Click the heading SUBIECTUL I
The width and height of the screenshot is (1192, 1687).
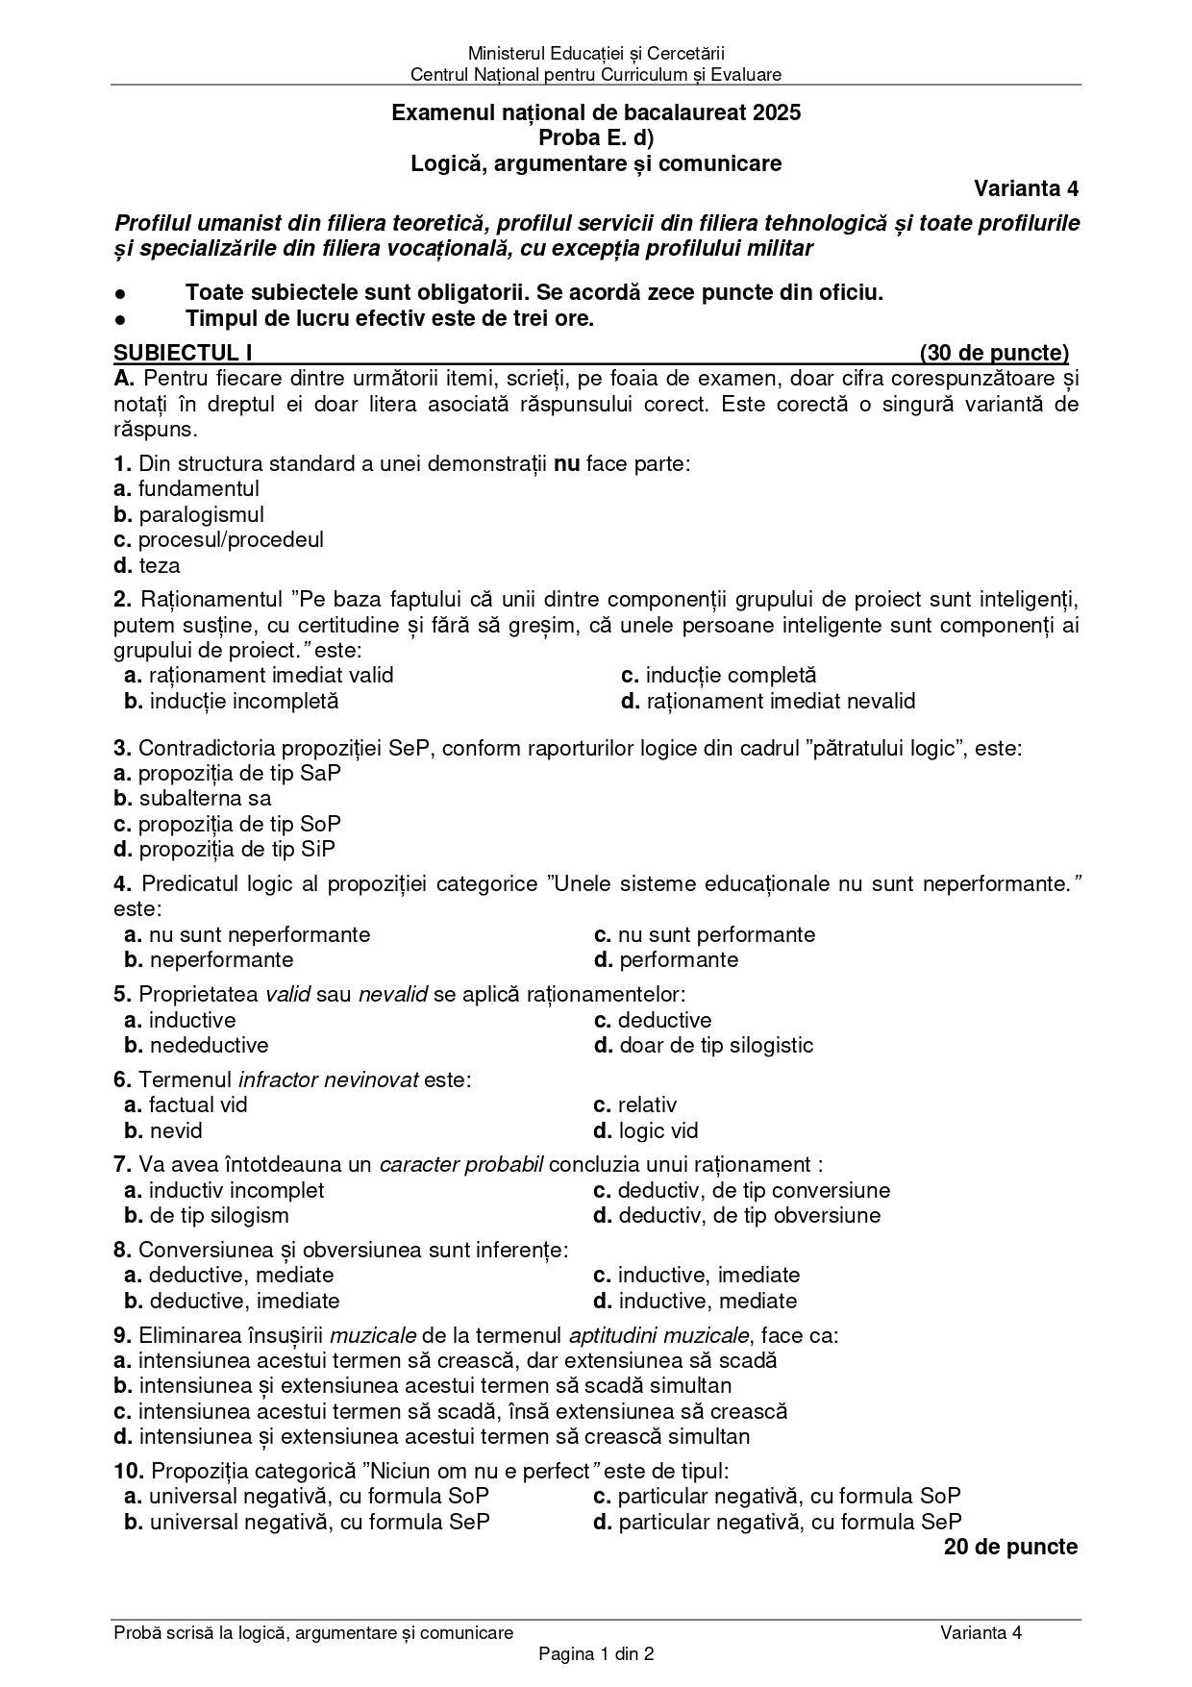(182, 353)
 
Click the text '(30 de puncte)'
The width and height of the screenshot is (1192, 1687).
(993, 353)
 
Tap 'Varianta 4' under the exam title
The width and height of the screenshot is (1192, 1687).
(1026, 187)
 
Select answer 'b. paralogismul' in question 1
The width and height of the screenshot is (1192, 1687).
(188, 514)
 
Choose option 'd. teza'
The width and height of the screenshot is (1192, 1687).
(147, 565)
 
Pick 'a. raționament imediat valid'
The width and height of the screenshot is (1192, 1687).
(259, 675)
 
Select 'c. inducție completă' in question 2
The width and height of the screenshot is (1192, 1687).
(718, 675)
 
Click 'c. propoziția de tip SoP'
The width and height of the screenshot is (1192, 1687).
(227, 824)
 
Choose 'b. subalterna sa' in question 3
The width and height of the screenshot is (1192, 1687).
(192, 798)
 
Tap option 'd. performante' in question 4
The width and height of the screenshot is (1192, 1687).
(666, 959)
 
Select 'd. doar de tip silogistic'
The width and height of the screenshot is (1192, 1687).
(704, 1045)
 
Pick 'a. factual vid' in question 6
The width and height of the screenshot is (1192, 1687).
(186, 1104)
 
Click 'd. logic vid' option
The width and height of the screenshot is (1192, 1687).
(646, 1130)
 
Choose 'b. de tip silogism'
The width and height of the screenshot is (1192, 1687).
(207, 1215)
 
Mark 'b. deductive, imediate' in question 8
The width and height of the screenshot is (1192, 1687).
(232, 1301)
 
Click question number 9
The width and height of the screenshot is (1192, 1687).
(122, 1335)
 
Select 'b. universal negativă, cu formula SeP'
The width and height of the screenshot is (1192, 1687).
(307, 1522)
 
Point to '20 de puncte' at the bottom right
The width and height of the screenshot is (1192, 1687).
(1010, 1547)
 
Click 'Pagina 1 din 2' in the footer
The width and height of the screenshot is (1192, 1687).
(596, 1654)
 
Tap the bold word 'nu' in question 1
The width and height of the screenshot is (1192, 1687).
(567, 463)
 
